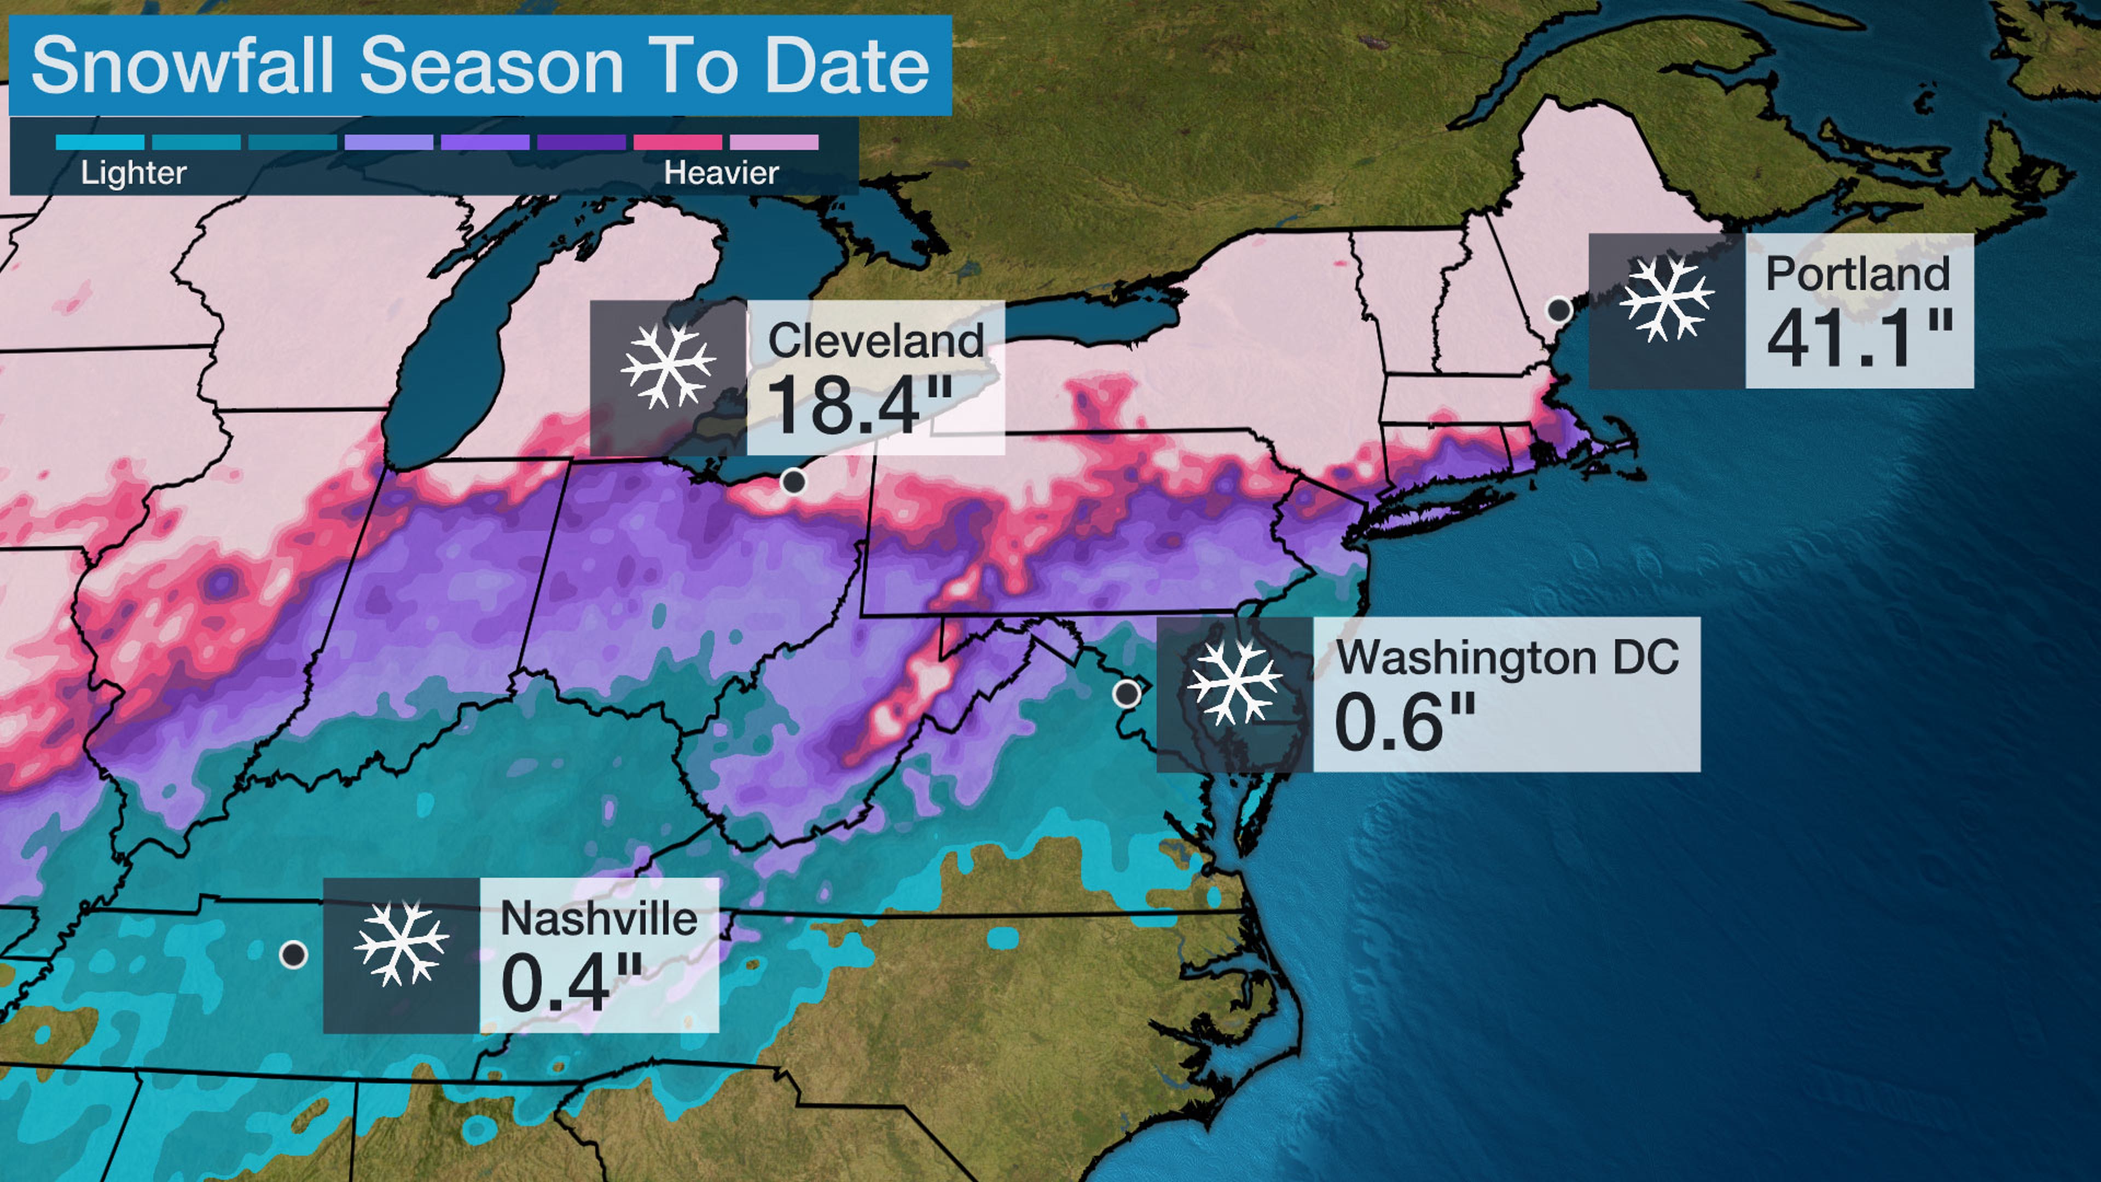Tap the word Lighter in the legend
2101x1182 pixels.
133,173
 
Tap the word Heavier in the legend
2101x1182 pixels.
721,173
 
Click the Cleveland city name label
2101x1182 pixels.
875,340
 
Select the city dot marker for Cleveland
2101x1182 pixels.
793,482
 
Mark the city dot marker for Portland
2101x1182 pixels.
1559,310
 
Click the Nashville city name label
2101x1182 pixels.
599,919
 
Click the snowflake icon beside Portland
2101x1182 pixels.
1665,299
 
